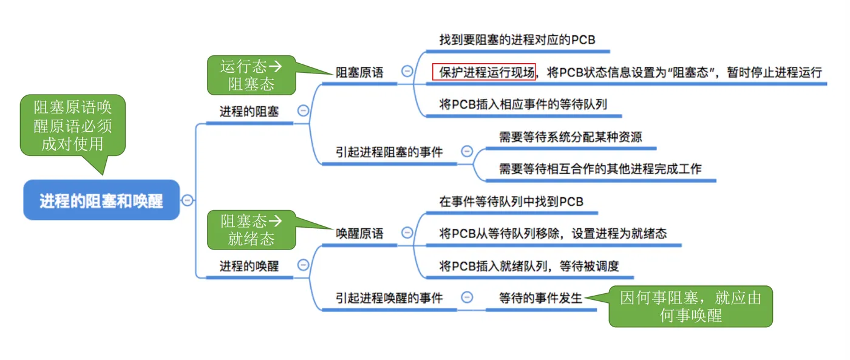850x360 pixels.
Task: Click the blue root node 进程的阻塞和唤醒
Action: pos(101,200)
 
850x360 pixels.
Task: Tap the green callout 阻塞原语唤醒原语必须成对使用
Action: pos(73,126)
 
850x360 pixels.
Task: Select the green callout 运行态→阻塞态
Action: pos(251,75)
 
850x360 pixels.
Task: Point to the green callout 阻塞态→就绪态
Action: pos(251,229)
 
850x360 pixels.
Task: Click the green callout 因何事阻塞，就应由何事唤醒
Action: pos(690,307)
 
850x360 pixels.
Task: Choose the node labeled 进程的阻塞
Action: pos(249,112)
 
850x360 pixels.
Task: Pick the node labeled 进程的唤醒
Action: pos(249,265)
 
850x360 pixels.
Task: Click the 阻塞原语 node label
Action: pos(360,72)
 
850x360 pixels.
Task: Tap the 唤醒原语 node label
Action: pos(360,233)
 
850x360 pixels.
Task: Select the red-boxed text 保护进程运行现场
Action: pos(484,72)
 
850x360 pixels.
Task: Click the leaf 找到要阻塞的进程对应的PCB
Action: pos(517,40)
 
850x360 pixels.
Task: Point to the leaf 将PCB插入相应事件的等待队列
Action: pos(523,104)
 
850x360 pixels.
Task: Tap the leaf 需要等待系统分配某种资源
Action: pos(570,137)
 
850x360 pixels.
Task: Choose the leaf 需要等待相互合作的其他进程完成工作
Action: pos(600,169)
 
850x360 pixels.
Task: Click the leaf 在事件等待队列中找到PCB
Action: pos(511,201)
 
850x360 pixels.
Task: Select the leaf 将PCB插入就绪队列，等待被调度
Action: pos(529,265)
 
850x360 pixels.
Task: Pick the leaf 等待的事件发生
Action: pos(540,297)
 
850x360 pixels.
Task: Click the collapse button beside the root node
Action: pos(188,200)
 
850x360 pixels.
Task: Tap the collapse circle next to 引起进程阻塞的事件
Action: pos(467,152)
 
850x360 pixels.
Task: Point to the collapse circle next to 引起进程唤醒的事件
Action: pos(467,297)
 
